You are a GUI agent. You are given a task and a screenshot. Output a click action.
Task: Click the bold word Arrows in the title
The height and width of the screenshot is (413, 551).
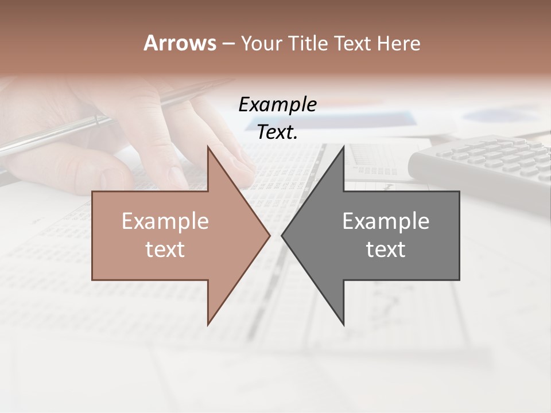[x=180, y=43]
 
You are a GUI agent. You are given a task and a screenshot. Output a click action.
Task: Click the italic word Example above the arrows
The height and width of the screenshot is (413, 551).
[x=277, y=104]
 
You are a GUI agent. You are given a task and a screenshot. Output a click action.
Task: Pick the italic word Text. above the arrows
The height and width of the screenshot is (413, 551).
[x=277, y=133]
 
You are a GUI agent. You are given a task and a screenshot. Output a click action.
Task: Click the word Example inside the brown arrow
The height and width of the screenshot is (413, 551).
[x=165, y=221]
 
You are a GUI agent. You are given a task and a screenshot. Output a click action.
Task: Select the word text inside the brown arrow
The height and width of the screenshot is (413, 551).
[x=165, y=250]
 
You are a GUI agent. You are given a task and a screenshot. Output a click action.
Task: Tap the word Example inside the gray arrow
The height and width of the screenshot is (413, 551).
[x=386, y=221]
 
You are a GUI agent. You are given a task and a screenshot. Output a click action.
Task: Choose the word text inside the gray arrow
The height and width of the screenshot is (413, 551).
[x=386, y=250]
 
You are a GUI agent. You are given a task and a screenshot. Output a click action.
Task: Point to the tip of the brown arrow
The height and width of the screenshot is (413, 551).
[x=269, y=235]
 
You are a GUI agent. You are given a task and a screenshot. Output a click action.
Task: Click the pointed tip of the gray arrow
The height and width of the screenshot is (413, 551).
[x=282, y=235]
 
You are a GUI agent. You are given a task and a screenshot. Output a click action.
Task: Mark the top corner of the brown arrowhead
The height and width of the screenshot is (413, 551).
[x=208, y=147]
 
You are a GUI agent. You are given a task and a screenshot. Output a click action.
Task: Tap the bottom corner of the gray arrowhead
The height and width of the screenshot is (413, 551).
[x=343, y=324]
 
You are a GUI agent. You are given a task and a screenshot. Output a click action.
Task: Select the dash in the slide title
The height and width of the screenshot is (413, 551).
[x=228, y=43]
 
